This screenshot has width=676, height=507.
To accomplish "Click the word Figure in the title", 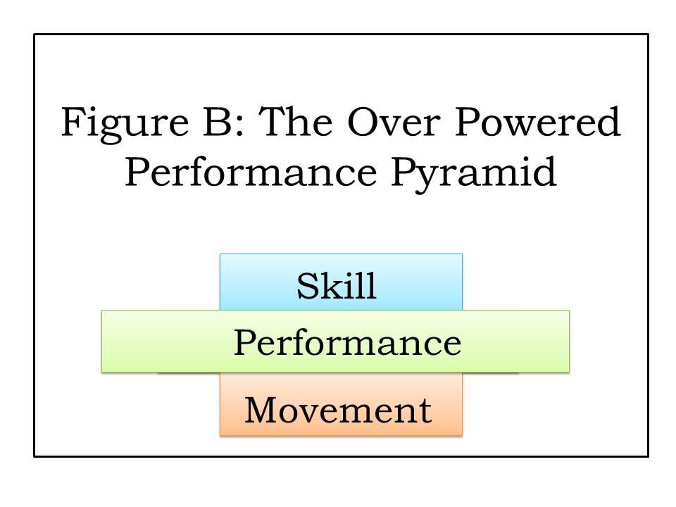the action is (125, 125).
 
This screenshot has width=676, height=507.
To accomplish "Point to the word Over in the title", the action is (393, 122).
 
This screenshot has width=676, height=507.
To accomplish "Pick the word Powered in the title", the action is (537, 121).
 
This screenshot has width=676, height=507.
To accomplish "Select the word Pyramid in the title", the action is (474, 174).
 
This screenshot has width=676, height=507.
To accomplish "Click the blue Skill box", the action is (341, 282).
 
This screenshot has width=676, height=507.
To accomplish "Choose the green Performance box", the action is (335, 341).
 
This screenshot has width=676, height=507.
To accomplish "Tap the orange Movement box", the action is (341, 404).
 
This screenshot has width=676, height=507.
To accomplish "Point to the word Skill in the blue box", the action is (337, 285).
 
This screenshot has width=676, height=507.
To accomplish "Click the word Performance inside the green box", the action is (347, 342).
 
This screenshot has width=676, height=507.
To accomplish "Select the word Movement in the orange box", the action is (339, 410).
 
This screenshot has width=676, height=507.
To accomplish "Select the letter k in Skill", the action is (330, 285).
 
